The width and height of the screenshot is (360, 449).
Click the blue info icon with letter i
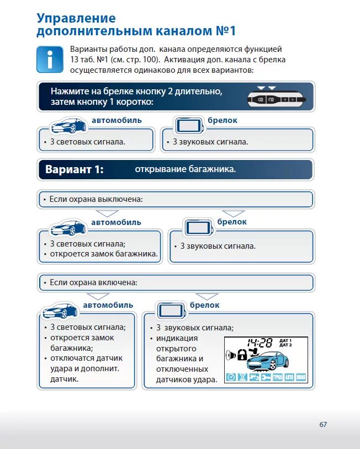coord(50,60)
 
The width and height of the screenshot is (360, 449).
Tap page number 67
coord(323,424)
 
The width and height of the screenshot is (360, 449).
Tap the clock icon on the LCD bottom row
coord(231,377)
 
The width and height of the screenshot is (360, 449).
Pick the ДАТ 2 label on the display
coord(285,345)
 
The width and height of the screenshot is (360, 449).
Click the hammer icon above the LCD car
coord(254,351)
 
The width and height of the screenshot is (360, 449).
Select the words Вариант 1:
coord(74,169)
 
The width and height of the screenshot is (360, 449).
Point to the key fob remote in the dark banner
coord(276,99)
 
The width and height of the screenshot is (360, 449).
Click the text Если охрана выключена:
coord(96,199)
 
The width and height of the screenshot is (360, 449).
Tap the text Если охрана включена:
coord(93,282)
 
